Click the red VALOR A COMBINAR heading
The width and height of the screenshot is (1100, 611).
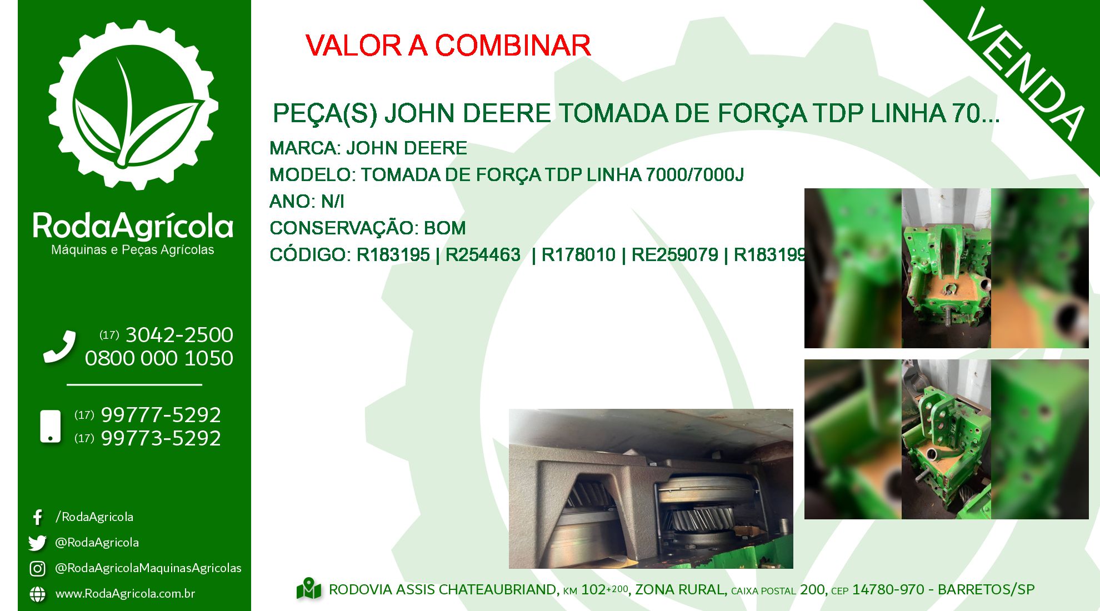click(448, 46)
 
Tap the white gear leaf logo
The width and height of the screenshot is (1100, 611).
click(133, 106)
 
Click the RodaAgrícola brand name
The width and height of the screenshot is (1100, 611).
click(133, 226)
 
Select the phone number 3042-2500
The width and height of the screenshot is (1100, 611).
click(179, 335)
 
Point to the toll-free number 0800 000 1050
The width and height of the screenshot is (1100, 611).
click(159, 358)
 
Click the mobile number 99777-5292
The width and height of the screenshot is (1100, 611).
click(161, 415)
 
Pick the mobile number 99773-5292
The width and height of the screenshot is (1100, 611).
click(161, 438)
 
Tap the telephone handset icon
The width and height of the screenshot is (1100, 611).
click(59, 347)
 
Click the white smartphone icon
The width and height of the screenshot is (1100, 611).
click(51, 427)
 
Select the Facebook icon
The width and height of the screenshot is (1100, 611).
click(38, 517)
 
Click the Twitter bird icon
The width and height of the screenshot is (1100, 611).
click(37, 543)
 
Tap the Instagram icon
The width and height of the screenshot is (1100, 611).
click(37, 568)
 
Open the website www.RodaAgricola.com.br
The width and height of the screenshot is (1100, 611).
click(125, 594)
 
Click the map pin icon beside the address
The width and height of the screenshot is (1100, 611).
click(309, 589)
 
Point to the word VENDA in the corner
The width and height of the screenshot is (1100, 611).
click(1026, 73)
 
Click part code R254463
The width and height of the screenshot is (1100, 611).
click(483, 254)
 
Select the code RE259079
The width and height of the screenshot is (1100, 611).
click(674, 254)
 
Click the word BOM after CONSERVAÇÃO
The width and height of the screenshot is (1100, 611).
click(444, 228)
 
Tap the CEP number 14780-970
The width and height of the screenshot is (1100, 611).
click(888, 589)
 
